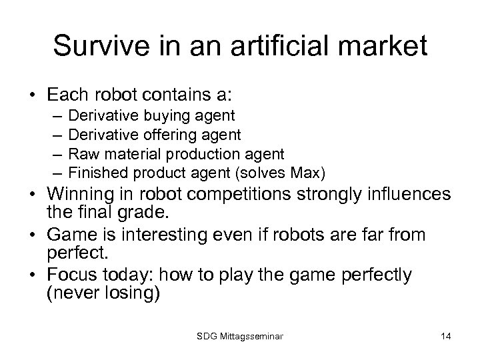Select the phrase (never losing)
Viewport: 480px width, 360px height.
click(x=103, y=295)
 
